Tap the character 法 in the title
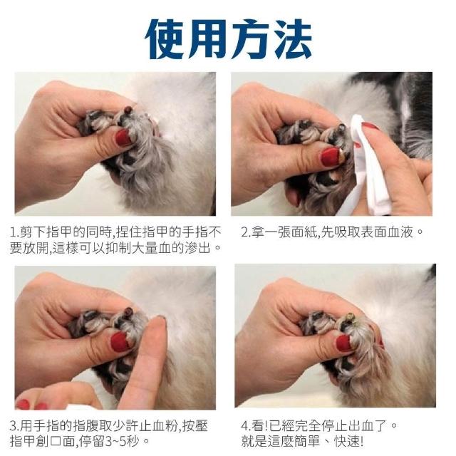tap(291, 40)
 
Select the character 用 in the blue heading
tap(207, 40)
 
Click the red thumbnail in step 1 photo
tap(124, 138)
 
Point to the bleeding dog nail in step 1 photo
tap(128, 111)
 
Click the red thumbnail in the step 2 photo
tap(331, 157)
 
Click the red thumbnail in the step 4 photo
tap(344, 343)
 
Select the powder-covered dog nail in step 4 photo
tap(350, 317)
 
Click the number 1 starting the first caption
tap(13, 232)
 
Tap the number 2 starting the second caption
tap(244, 232)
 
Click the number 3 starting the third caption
tap(13, 426)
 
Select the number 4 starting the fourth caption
tap(244, 426)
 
